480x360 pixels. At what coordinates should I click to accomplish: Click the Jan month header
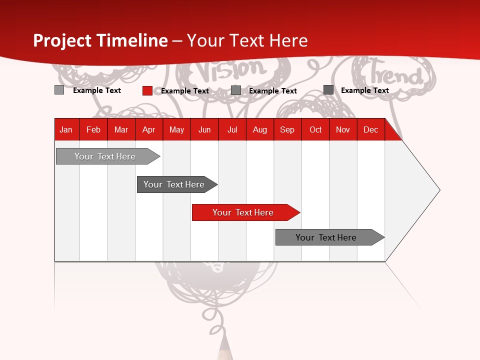pyautogui.click(x=66, y=129)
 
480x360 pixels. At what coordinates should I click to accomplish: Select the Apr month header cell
pyautogui.click(x=149, y=129)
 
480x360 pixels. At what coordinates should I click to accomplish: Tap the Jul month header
pyautogui.click(x=232, y=129)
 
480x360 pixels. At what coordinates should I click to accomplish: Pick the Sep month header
pyautogui.click(x=287, y=129)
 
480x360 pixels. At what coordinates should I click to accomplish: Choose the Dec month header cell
pyautogui.click(x=370, y=129)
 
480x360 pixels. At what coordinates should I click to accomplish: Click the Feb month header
pyautogui.click(x=93, y=129)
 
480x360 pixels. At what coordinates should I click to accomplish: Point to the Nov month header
pyautogui.click(x=343, y=129)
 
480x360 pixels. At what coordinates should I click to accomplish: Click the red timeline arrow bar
pyautogui.click(x=243, y=212)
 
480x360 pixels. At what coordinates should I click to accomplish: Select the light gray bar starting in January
pyautogui.click(x=105, y=156)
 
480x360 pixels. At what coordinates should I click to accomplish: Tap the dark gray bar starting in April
pyautogui.click(x=174, y=184)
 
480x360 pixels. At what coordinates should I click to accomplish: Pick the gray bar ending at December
pyautogui.click(x=326, y=237)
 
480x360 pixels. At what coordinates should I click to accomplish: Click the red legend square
pyautogui.click(x=147, y=90)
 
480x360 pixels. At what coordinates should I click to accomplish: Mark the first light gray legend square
pyautogui.click(x=59, y=90)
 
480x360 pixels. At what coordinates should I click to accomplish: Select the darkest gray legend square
pyautogui.click(x=328, y=89)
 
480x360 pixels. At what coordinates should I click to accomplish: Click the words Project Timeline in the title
pyautogui.click(x=100, y=40)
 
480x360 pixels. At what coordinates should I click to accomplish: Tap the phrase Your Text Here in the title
pyautogui.click(x=247, y=40)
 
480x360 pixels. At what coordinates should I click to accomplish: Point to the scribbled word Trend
pyautogui.click(x=395, y=75)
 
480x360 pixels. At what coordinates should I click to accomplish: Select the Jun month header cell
pyautogui.click(x=204, y=129)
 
